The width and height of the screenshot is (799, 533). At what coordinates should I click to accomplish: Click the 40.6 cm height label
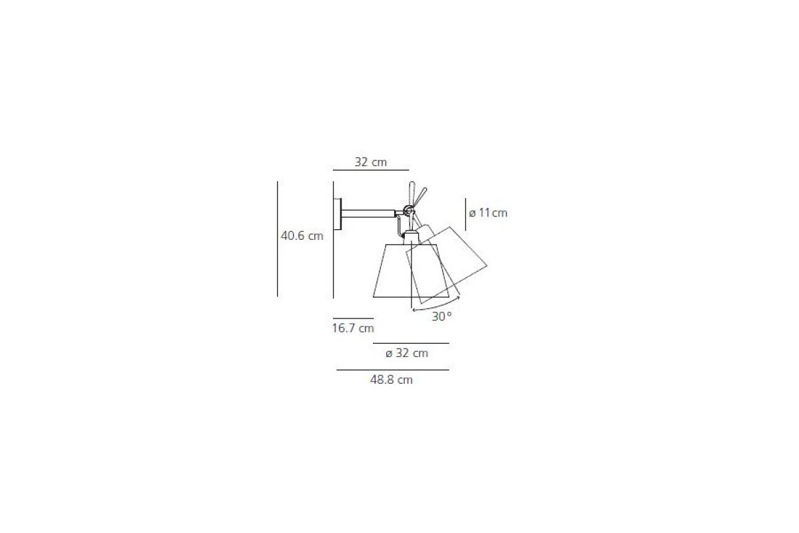point(302,236)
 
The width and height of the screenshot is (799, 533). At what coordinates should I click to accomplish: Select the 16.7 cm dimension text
point(353,328)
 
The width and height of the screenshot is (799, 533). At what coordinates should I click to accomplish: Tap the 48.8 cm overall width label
point(391,380)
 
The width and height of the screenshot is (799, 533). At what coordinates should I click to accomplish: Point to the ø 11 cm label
point(488,213)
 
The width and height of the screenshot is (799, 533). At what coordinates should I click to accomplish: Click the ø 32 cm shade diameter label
point(407,353)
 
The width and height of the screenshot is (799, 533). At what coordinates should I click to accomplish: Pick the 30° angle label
point(441,316)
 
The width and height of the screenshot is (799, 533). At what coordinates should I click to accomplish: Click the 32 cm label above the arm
point(371,162)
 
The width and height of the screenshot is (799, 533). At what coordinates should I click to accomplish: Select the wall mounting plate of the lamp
point(337,214)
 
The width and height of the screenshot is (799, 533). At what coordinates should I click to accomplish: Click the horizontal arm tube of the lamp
point(368,214)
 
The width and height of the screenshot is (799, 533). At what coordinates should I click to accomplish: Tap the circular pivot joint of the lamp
point(409,211)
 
